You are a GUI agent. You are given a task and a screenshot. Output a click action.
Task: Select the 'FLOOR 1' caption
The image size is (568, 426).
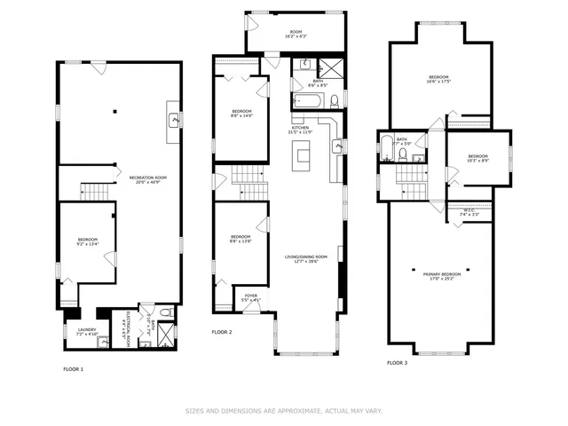click(73, 368)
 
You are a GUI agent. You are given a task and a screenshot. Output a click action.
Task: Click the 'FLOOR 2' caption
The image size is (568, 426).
click(221, 332)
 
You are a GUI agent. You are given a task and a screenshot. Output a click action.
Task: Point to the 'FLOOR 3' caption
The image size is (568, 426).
click(398, 362)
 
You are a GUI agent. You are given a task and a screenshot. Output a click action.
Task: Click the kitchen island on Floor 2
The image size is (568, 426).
click(304, 161)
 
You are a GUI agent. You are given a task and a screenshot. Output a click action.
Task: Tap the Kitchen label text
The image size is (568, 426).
click(300, 130)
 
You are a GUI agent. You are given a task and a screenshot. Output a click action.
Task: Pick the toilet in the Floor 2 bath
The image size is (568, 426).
click(335, 101)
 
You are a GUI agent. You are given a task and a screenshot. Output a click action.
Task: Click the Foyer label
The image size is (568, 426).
click(250, 298)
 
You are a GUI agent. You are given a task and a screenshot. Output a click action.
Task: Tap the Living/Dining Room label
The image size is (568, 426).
click(306, 259)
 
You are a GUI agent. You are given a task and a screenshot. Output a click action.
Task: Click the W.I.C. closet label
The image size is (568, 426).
click(470, 212)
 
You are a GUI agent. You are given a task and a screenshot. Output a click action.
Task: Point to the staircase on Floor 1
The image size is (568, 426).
click(94, 191)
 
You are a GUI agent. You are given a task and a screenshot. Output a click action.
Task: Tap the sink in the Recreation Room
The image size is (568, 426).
click(175, 118)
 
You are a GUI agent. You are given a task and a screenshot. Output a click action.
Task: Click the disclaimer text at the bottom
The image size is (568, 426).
click(284, 411)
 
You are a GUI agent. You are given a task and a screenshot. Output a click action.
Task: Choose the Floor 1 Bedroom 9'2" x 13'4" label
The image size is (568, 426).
click(87, 241)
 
